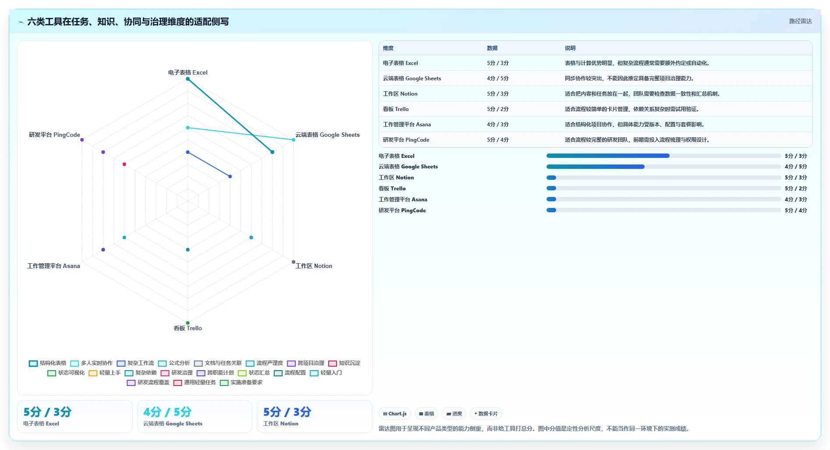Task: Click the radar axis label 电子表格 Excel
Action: (188, 72)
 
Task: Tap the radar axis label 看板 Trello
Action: (188, 328)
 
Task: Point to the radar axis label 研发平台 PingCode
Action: (54, 135)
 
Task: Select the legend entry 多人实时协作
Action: (92, 363)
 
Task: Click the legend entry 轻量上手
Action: (105, 373)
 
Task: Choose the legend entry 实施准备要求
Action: (241, 382)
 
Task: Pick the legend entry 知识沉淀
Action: (344, 363)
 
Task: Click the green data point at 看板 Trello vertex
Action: (188, 323)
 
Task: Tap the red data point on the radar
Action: (124, 164)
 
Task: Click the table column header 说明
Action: (570, 48)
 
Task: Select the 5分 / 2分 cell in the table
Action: (498, 109)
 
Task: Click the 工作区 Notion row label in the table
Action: (400, 94)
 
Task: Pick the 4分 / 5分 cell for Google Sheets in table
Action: (498, 79)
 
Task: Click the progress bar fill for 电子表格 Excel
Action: (608, 156)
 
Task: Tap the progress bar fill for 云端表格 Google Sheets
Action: (596, 167)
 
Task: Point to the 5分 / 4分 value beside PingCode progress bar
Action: (796, 211)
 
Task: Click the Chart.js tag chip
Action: (395, 414)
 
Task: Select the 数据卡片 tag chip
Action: (486, 414)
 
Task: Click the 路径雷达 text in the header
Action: (801, 21)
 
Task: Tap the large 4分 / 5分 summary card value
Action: (167, 412)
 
